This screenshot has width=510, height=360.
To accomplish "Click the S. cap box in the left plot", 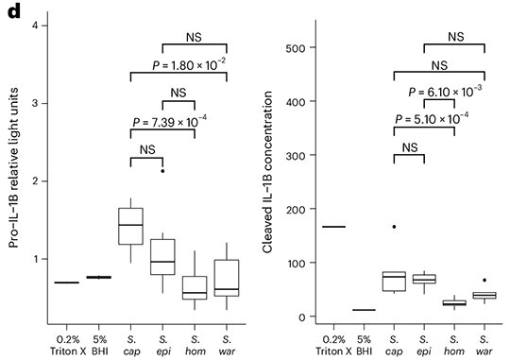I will (129, 226).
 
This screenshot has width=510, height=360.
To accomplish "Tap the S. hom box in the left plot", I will (195, 287).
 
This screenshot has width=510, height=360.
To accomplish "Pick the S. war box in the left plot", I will (228, 278).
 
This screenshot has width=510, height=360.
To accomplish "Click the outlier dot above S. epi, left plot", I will (162, 171).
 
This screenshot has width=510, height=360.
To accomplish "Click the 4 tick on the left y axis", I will (33, 26).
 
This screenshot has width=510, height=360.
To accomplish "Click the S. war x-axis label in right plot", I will (484, 343).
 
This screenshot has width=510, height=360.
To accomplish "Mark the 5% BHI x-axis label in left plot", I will (97, 343).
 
